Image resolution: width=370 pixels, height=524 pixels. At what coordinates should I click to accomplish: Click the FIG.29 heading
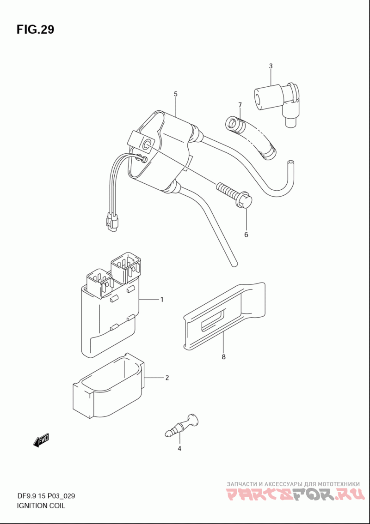tap(35, 30)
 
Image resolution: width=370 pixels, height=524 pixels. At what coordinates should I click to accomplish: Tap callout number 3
tap(271, 66)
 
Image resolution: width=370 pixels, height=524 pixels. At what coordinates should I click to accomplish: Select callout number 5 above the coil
tap(175, 94)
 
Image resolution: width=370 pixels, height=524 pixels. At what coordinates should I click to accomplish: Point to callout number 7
tap(240, 105)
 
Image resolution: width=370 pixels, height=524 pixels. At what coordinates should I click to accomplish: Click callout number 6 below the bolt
tap(246, 235)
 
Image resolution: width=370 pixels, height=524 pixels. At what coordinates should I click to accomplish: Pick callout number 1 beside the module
tap(162, 300)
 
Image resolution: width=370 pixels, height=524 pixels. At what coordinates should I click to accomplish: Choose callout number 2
tap(167, 378)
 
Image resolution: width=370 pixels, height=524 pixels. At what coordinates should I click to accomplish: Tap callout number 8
tap(223, 357)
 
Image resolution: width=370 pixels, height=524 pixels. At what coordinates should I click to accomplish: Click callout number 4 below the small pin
tap(179, 448)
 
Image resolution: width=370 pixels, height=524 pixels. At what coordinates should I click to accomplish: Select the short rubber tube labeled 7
tap(251, 136)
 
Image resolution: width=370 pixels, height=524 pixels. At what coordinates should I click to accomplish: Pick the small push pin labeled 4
tap(182, 425)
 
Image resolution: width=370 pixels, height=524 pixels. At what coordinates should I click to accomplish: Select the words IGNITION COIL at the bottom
tap(41, 506)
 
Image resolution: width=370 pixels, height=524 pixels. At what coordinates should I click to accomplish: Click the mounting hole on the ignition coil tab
tap(146, 145)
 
